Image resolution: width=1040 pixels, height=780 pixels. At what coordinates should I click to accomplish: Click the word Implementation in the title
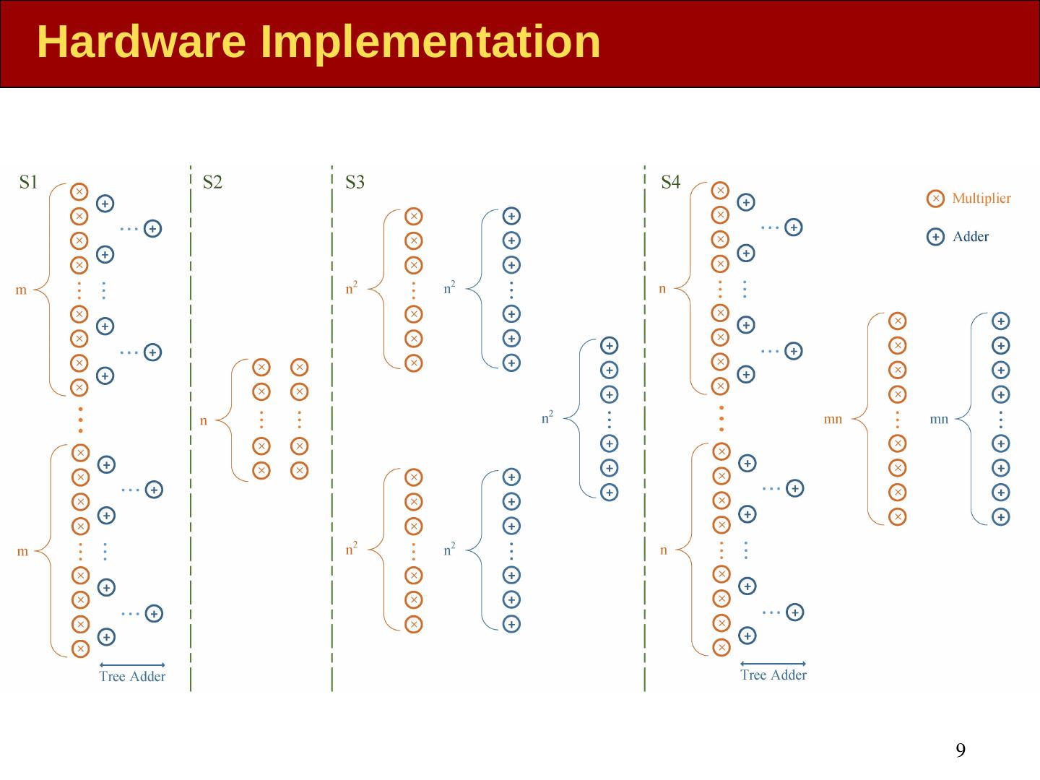430,42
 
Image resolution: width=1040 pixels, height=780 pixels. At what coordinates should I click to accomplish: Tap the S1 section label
28,182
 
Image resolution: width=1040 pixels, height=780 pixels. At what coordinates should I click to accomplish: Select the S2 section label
212,182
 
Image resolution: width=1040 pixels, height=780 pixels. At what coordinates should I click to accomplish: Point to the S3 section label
355,182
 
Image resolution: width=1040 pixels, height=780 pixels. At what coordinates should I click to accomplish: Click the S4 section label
670,182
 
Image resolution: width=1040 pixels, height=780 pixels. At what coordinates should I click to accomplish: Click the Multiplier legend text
981,198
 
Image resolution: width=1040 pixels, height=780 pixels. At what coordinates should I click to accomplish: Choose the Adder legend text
970,236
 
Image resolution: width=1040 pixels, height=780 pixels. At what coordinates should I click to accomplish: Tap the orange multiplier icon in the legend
935,198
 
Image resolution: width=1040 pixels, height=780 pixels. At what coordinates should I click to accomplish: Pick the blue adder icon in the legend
935,237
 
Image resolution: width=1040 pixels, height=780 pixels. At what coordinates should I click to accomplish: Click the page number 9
961,750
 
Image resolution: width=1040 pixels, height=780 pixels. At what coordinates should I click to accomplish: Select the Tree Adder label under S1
132,677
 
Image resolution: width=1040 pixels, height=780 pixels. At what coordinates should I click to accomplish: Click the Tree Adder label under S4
773,675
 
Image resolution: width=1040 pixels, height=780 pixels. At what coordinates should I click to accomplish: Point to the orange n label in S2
204,421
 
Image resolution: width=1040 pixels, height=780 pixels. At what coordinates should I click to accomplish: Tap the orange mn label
833,419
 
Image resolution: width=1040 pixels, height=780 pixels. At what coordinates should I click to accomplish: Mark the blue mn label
939,419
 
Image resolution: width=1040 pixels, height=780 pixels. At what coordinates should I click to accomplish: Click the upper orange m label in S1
22,291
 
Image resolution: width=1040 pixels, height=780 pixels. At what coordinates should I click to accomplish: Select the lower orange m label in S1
22,552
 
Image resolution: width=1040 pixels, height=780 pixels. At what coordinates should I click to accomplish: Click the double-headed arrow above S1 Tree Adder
132,664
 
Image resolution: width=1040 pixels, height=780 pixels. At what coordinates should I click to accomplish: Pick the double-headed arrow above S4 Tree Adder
773,663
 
